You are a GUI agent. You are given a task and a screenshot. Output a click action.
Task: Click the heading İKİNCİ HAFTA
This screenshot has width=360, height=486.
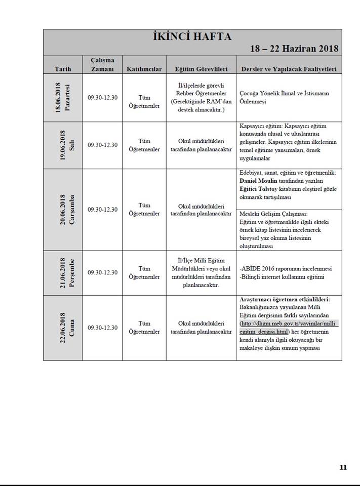point(192,36)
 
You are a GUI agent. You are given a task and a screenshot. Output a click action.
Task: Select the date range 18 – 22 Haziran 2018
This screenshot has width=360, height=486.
point(294,49)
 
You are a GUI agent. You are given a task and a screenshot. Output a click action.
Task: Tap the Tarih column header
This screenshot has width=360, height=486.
point(63,68)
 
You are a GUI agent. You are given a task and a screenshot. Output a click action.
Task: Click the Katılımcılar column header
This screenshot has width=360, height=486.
point(144,68)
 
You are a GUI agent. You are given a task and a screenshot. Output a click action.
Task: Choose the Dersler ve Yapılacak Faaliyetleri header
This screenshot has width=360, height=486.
point(289,68)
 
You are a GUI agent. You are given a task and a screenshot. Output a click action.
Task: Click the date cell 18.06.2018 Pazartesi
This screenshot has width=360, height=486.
point(63,98)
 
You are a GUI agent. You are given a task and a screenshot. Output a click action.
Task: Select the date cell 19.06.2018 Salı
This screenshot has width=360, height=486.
point(63,145)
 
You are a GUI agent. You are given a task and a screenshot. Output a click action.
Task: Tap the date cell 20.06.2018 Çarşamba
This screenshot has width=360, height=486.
point(63,209)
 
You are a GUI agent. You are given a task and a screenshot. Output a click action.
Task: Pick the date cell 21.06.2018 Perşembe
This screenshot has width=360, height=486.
point(63,272)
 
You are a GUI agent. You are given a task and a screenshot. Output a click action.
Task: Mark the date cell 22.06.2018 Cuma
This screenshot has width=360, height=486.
point(63,328)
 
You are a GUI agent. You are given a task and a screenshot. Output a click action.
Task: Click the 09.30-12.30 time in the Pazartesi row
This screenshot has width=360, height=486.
point(102,98)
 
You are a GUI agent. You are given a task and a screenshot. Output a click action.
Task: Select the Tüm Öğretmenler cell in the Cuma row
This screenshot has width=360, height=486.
point(144,328)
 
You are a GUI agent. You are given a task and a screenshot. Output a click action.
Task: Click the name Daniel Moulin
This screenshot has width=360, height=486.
point(261,181)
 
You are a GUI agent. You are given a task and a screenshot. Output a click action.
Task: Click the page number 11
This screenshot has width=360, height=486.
point(343,467)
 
